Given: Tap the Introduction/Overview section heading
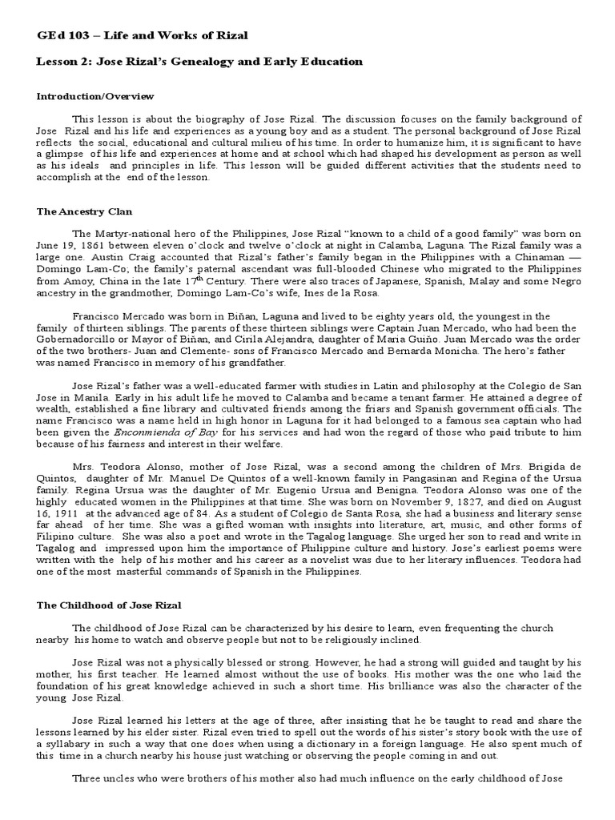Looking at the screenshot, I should pos(95,97).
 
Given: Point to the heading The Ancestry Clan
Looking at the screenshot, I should pos(83,212).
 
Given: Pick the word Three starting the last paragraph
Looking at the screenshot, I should pos(88,778).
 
